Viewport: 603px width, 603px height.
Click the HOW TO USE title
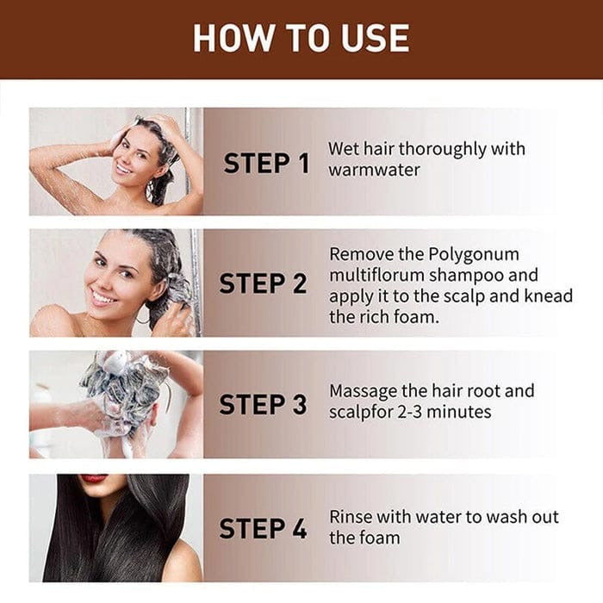(x=301, y=38)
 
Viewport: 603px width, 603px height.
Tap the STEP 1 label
(x=265, y=163)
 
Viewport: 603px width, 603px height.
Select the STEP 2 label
(x=263, y=283)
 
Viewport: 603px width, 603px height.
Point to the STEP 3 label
(x=263, y=404)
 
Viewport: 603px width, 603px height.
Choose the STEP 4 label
(x=263, y=528)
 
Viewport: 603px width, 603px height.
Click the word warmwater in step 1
(x=374, y=170)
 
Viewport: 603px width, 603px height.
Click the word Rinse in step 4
(x=352, y=517)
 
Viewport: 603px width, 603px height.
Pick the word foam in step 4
(x=382, y=538)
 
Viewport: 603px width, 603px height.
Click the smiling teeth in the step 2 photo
(x=104, y=299)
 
